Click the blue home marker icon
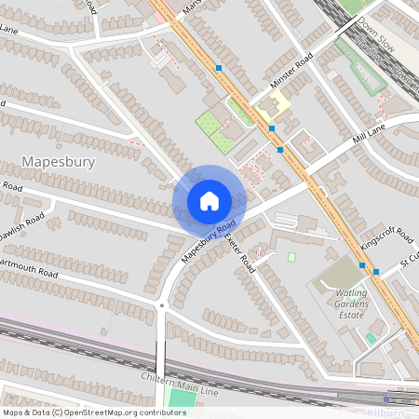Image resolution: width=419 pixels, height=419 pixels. [209, 200]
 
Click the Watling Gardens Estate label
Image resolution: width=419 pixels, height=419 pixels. [351, 304]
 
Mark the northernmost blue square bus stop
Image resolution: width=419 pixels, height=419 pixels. [219, 68]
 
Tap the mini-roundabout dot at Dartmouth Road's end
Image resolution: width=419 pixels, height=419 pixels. [162, 304]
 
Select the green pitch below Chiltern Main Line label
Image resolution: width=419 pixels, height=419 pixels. [182, 399]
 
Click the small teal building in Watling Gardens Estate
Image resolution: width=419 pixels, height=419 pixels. [371, 337]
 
